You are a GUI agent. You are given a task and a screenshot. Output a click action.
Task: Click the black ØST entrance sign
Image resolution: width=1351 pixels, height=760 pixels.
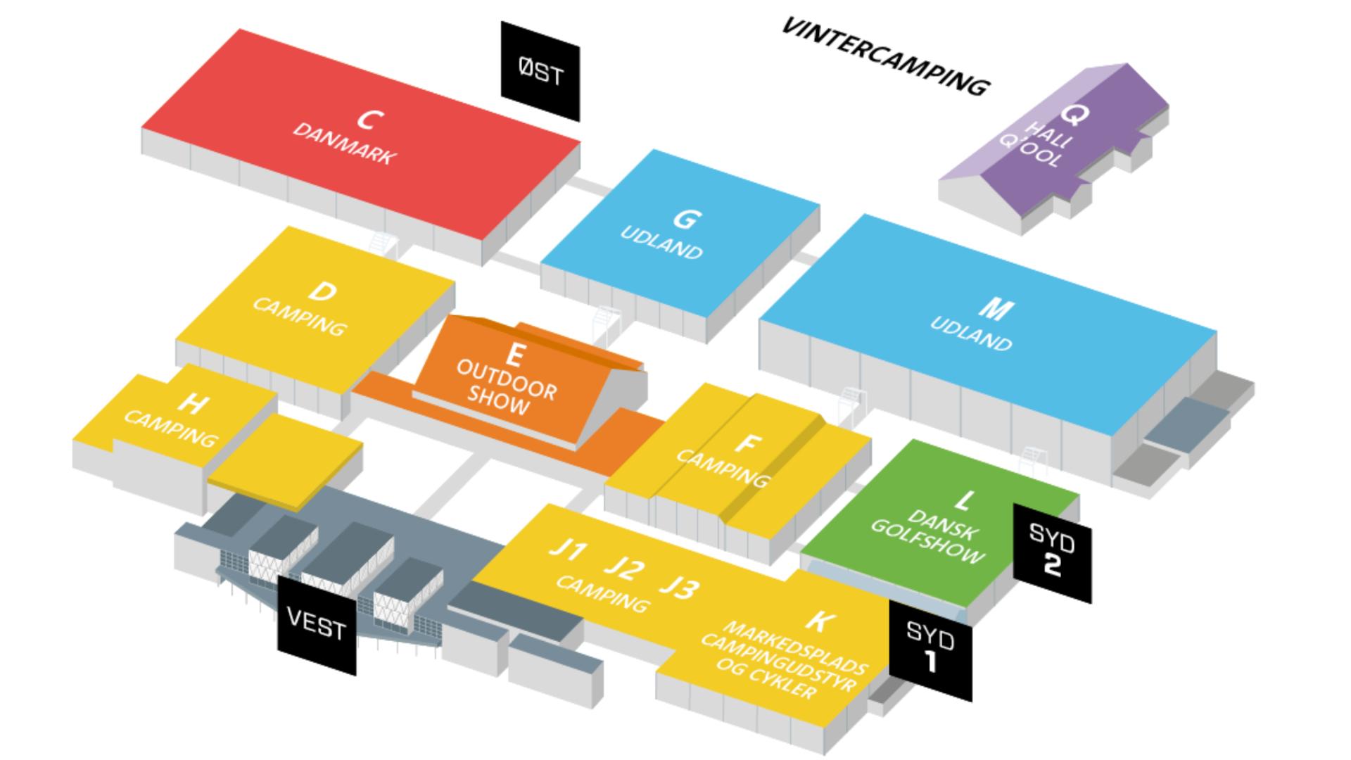[x=540, y=71]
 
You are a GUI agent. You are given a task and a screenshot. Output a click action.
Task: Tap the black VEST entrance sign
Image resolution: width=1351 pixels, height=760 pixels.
[x=317, y=625]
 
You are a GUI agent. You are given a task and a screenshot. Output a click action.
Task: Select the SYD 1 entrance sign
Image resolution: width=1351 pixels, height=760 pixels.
[x=931, y=650]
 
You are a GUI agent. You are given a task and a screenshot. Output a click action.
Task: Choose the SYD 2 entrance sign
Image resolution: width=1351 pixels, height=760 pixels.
[x=1052, y=552]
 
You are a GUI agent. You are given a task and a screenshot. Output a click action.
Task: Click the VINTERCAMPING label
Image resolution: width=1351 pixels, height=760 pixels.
[x=886, y=56]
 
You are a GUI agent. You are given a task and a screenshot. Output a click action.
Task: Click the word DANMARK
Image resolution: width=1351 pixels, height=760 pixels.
[x=343, y=144]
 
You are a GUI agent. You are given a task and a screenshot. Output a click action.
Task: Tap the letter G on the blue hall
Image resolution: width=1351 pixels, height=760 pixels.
[x=685, y=220]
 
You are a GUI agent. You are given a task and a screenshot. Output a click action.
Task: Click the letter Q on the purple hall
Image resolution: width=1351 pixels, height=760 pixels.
[x=1074, y=113]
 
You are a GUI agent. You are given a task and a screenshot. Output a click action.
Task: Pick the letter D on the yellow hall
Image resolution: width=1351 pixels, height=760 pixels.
[x=323, y=291]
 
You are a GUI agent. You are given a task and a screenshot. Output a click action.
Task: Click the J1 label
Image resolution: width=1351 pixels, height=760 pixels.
[x=568, y=548]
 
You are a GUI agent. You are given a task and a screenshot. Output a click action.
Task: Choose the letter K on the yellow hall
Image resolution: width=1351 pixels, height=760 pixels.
[x=820, y=620]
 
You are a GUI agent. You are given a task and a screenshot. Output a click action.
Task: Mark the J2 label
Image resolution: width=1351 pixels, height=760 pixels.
[x=624, y=567]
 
